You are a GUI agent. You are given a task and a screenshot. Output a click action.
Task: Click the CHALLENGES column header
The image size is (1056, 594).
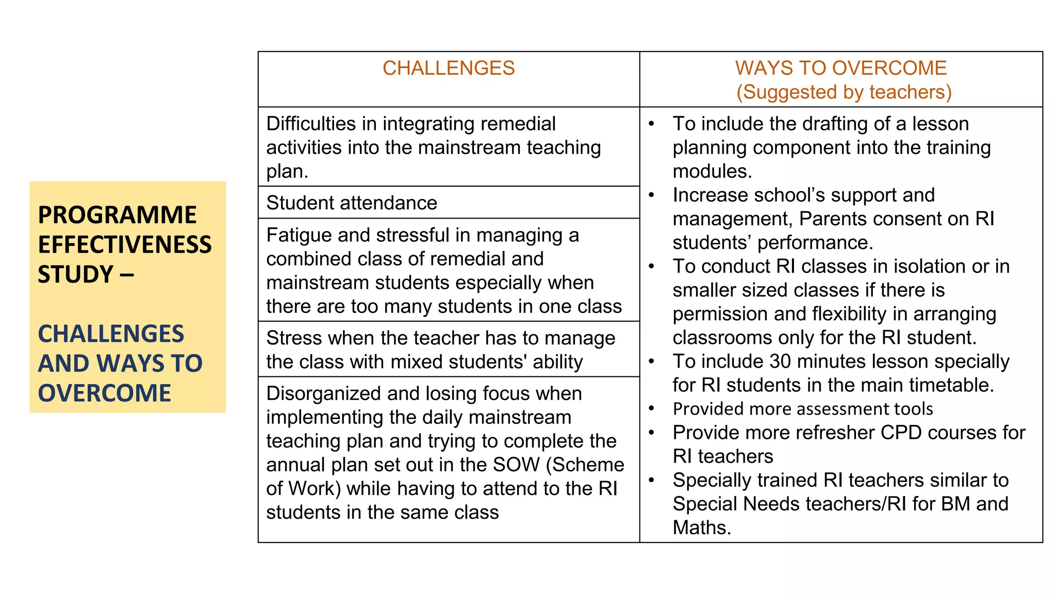pos(449,68)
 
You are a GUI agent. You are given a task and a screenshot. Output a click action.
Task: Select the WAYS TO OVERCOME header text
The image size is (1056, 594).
pos(840,68)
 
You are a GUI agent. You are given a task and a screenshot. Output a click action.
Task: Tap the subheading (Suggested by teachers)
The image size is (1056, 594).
pos(844,92)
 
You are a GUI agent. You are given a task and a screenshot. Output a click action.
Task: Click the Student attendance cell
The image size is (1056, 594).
pos(352,203)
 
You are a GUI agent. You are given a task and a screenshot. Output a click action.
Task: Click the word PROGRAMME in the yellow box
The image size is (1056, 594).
pos(117,214)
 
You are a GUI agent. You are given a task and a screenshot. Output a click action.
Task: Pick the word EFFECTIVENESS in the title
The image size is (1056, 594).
pos(125,244)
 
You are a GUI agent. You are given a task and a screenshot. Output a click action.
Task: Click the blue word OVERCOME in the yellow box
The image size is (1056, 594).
pos(104,393)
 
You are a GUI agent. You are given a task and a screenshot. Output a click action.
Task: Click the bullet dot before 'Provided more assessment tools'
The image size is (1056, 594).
pos(652,409)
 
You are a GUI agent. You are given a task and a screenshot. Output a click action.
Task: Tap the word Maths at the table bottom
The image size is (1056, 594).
pos(701,527)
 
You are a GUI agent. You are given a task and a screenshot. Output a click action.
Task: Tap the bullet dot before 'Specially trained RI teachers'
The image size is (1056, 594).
pos(652,480)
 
